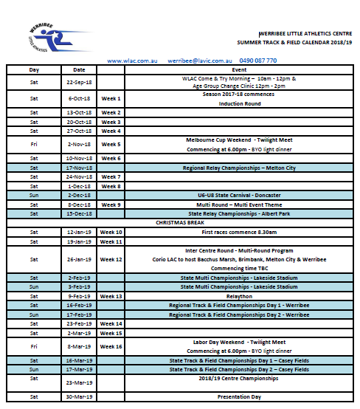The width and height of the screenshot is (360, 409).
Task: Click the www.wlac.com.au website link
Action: pos(133,61)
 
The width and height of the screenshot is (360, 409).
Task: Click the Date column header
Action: pos(79,69)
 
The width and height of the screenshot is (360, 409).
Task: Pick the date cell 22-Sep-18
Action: pos(79,82)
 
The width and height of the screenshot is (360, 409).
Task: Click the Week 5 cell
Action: pos(111,145)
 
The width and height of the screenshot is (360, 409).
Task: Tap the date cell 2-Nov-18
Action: pos(79,145)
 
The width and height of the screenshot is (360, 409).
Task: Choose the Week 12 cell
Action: pos(111,259)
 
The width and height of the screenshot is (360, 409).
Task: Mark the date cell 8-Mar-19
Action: pos(79,346)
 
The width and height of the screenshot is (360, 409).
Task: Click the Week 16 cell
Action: pos(111,346)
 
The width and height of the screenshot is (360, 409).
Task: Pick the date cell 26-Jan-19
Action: pos(79,259)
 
